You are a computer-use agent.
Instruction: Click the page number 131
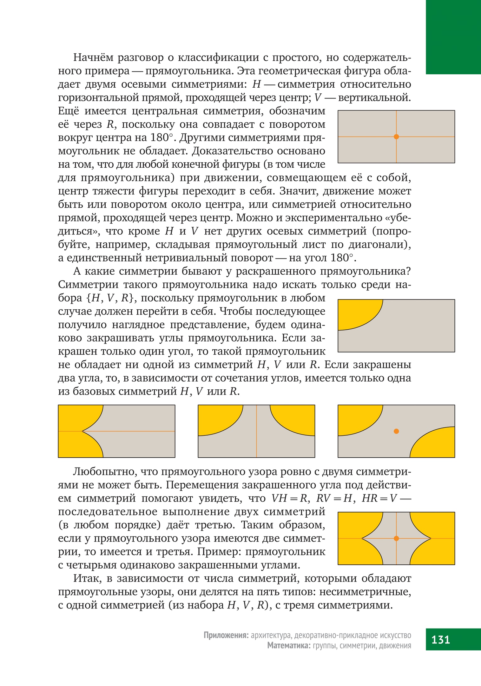point(441,639)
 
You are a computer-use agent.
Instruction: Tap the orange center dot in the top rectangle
point(396,137)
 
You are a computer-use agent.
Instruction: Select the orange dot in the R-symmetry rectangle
point(396,431)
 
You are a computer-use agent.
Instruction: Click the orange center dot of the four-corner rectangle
point(396,538)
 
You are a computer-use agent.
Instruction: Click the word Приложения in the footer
point(226,635)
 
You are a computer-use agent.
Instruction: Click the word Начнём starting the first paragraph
point(92,57)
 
